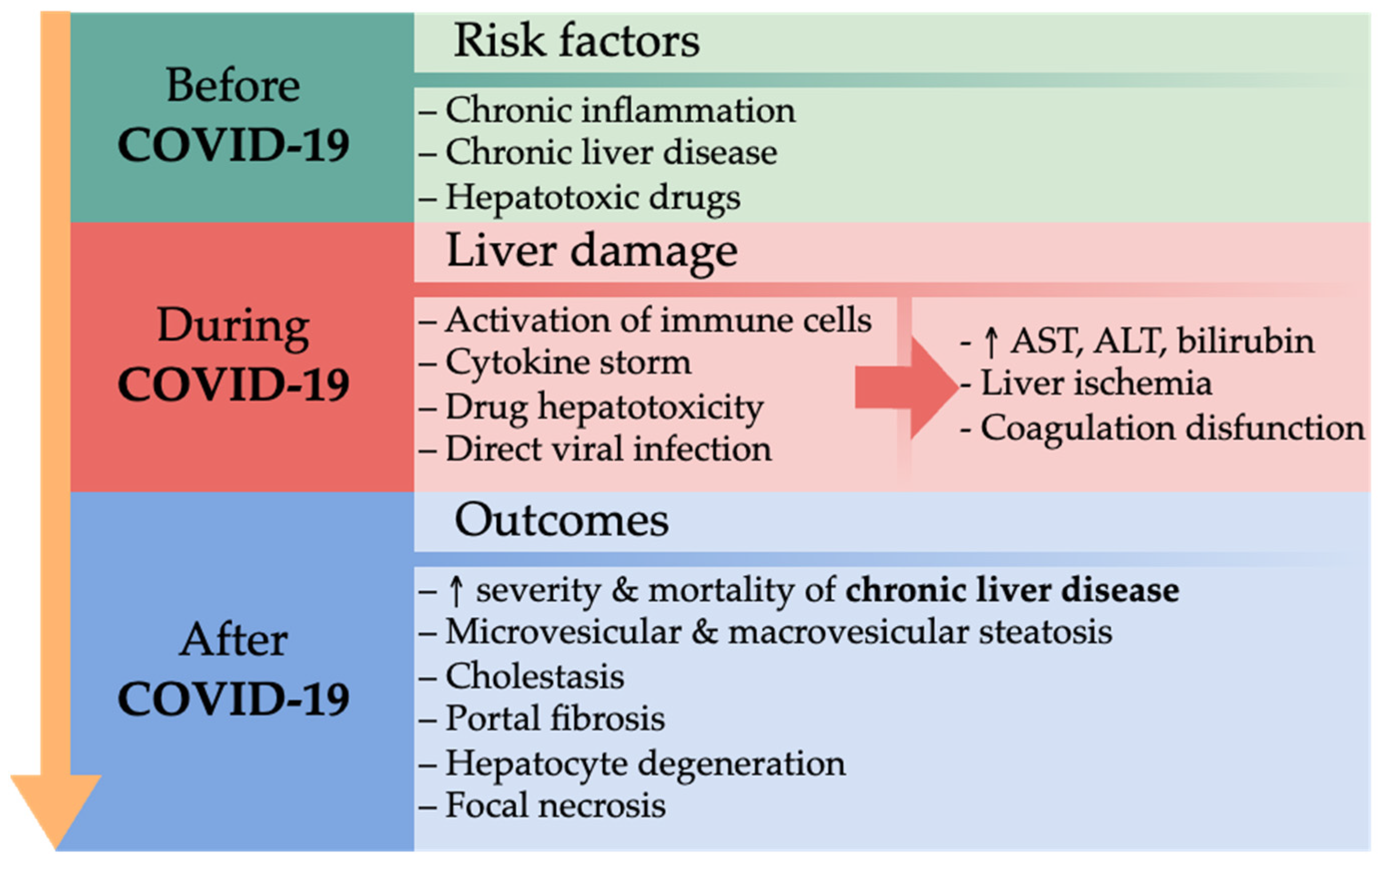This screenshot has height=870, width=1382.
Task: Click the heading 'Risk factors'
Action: tap(576, 42)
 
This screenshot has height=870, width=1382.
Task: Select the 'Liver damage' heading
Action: tap(592, 251)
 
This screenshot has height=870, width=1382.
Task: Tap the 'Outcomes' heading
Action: tap(561, 520)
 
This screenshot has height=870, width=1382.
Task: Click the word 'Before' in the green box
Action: tap(233, 86)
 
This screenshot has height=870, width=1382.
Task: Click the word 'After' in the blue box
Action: tap(233, 640)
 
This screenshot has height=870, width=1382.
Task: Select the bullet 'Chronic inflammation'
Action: tap(620, 110)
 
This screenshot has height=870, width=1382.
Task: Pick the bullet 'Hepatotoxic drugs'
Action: tap(592, 198)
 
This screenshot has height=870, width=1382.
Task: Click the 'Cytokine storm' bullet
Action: tap(568, 363)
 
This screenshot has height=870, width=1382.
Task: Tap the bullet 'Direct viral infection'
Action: tap(608, 449)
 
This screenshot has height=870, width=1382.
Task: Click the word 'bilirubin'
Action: tap(1245, 342)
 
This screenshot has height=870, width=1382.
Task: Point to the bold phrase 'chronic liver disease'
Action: tap(1012, 590)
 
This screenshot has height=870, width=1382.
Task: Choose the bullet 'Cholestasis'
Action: tap(534, 676)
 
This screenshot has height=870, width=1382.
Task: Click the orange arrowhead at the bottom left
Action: tap(56, 810)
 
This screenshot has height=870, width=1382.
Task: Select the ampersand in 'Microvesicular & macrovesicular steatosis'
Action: tap(705, 633)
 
